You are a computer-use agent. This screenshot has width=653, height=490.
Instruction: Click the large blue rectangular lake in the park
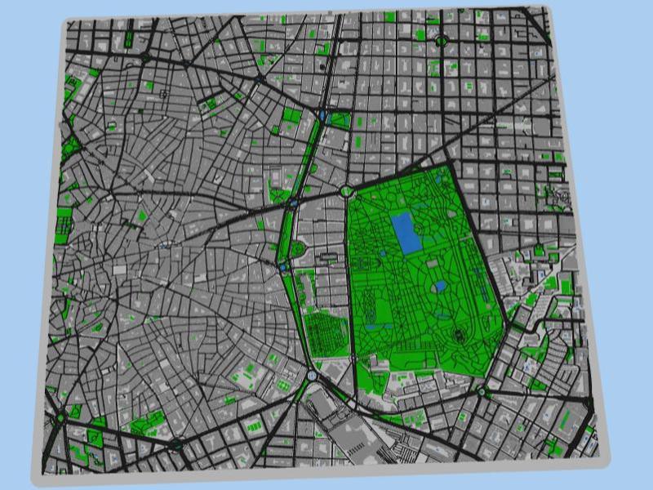[405, 233]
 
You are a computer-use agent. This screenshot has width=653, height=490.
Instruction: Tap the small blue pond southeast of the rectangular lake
[441, 286]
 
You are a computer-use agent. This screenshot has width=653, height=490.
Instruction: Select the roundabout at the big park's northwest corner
[347, 191]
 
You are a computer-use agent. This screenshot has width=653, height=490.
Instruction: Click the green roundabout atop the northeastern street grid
[442, 39]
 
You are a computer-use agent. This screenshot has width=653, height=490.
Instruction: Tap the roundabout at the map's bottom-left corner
[60, 417]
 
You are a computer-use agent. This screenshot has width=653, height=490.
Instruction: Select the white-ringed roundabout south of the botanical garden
[313, 376]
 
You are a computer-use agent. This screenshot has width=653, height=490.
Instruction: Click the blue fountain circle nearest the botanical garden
[282, 267]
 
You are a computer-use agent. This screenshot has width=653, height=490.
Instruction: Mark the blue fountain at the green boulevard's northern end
[324, 116]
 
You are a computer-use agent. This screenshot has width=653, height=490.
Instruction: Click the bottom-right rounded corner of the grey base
[606, 460]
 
